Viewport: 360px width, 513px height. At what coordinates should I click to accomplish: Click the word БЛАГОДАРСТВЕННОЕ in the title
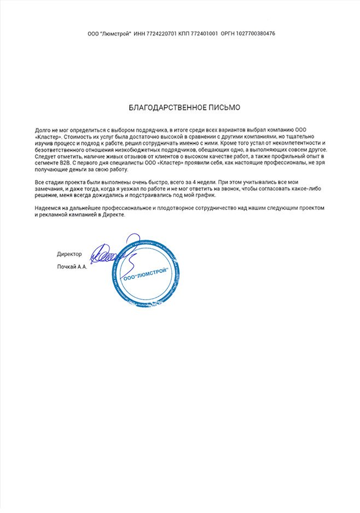tap(163, 108)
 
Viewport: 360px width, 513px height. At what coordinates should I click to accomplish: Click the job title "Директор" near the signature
tap(69, 254)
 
